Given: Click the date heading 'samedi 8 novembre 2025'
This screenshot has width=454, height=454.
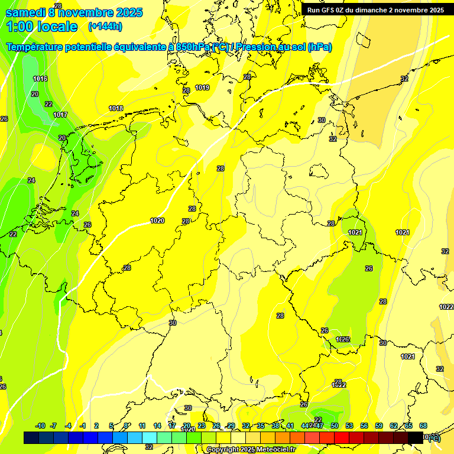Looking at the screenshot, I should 74,12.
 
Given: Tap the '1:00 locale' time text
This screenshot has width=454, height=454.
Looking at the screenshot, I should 42,27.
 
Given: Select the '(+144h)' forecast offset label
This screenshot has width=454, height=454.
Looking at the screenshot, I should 105,27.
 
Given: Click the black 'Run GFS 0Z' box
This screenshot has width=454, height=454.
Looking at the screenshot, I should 376,10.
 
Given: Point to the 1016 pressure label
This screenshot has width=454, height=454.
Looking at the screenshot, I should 40,79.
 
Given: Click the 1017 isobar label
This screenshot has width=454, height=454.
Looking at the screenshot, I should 60,115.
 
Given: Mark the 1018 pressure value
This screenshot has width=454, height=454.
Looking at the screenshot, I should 116,108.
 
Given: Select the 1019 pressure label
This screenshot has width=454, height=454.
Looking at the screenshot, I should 202,87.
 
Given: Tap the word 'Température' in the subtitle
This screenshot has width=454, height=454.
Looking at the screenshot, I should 35,47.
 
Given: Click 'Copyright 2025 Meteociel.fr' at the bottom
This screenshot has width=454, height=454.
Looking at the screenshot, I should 251,450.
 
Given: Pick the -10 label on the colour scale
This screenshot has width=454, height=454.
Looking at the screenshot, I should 41,426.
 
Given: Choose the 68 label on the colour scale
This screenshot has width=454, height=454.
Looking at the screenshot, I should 423,426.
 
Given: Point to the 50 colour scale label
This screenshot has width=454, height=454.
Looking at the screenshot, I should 335,426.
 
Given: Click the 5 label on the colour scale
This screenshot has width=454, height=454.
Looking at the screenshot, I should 112,426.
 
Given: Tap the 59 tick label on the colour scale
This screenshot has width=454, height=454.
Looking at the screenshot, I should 379,426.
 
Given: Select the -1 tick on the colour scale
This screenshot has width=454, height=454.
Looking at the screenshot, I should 83,426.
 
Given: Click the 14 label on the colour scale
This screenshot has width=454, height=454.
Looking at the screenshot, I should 157,426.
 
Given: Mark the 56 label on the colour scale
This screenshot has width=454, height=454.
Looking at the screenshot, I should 364,426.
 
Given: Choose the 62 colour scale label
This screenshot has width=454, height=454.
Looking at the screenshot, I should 394,426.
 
